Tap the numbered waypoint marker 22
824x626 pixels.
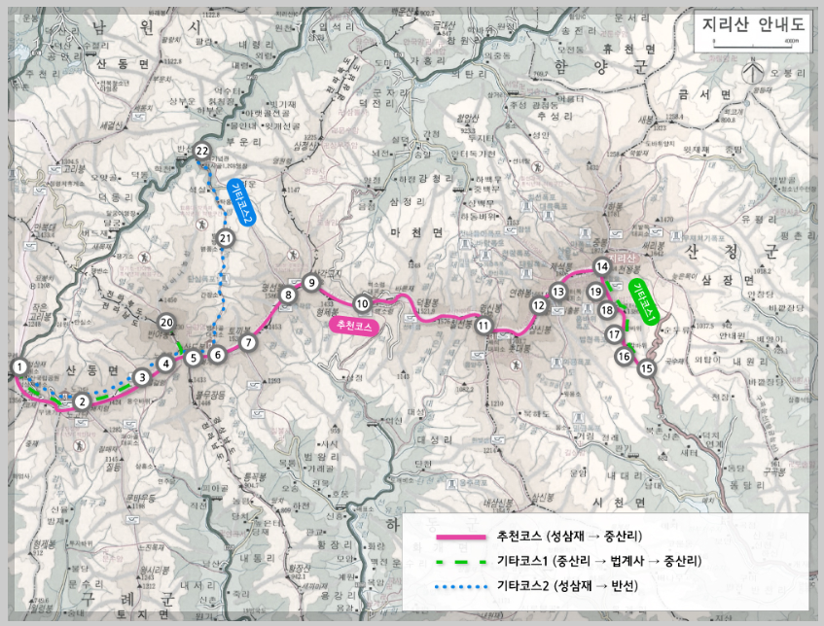[201, 151]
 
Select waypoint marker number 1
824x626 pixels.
[19, 365]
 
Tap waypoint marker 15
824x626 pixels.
[647, 368]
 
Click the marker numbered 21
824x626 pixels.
[226, 237]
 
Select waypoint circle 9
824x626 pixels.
[311, 283]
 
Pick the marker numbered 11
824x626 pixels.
[484, 327]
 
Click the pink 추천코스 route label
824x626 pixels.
[353, 325]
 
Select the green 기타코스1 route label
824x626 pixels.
[646, 300]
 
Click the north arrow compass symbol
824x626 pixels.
[750, 72]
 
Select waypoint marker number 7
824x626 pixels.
[249, 342]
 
